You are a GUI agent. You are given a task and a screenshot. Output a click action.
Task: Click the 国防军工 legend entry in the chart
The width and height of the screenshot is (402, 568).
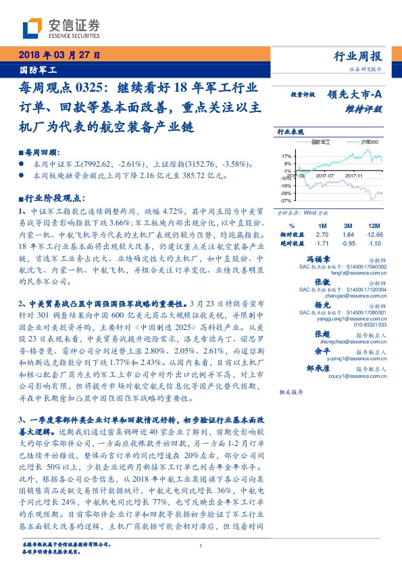click(313, 142)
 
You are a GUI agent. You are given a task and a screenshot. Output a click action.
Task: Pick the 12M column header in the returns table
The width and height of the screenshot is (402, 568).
click(372, 225)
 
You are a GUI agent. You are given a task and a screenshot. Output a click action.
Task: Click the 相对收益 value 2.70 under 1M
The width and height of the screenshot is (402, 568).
click(322, 233)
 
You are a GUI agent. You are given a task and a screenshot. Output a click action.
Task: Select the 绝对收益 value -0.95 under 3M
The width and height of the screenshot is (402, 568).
click(348, 242)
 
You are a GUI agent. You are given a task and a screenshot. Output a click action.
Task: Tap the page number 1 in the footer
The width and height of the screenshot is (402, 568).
click(201, 546)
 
